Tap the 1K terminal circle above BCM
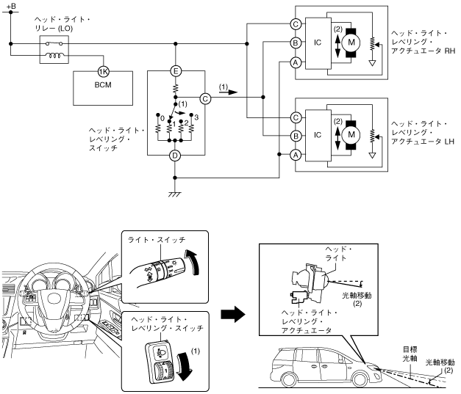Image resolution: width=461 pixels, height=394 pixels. (x=104, y=72)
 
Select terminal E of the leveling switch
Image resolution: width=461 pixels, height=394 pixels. (x=176, y=71)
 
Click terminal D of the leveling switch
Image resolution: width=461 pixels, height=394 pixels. (x=176, y=155)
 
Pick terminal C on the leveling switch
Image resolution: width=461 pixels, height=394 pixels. (x=205, y=97)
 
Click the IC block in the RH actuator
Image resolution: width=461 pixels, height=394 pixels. (x=317, y=43)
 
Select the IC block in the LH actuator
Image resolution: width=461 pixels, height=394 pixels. (x=317, y=135)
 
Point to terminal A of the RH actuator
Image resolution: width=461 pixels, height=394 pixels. (x=296, y=62)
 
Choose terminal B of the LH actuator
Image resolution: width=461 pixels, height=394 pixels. (x=296, y=135)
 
